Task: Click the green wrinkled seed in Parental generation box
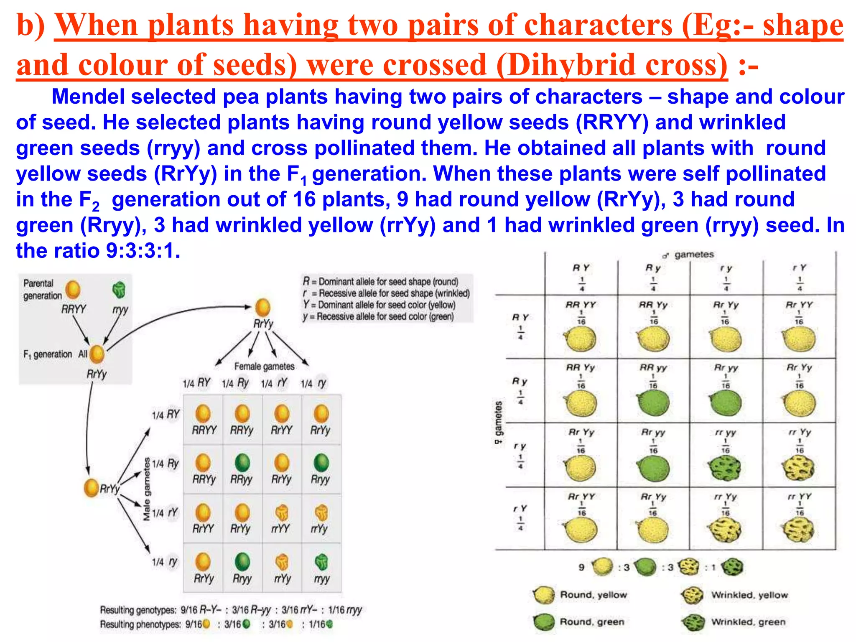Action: [119, 290]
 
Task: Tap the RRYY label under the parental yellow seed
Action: [74, 309]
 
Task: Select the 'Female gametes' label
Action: [264, 367]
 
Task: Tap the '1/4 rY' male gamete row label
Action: [165, 513]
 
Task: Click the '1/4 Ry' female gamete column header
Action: [235, 383]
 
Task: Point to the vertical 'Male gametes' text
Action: [147, 489]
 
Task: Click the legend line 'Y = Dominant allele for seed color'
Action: [379, 305]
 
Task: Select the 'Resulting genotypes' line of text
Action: [231, 610]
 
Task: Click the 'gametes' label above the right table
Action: [694, 255]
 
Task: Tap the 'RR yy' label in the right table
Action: [653, 368]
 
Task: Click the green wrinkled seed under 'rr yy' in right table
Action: [725, 467]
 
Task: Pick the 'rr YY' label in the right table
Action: [799, 497]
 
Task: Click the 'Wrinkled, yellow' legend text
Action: [749, 595]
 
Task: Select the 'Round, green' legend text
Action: [592, 622]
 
